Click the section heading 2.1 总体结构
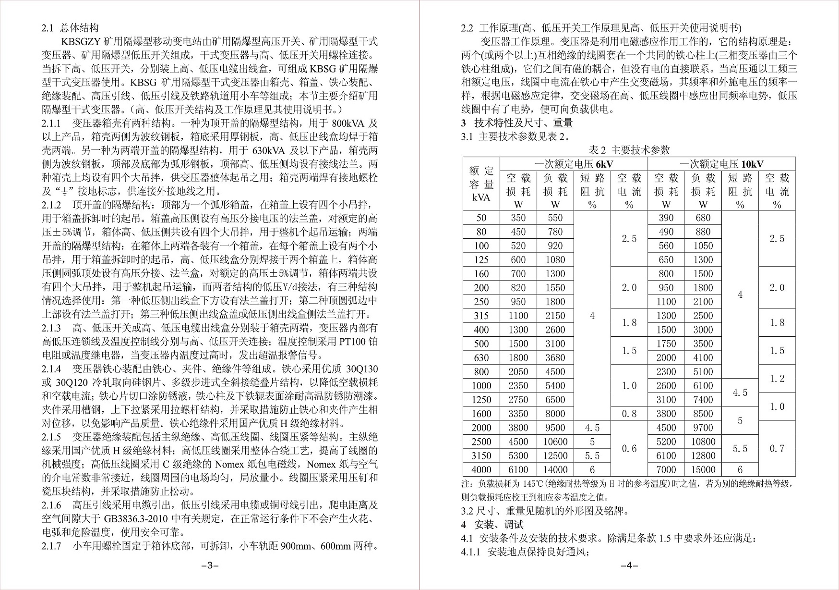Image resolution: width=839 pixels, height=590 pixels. pyautogui.click(x=70, y=28)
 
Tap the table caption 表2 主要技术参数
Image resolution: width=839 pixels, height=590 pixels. pyautogui.click(x=629, y=150)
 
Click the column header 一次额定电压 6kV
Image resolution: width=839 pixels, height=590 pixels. pyautogui.click(x=574, y=164)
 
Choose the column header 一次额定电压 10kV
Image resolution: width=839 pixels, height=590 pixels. pyautogui.click(x=721, y=164)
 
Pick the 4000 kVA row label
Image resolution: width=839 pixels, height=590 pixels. pyautogui.click(x=481, y=469)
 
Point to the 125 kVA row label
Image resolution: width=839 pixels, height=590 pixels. pyautogui.click(x=481, y=260)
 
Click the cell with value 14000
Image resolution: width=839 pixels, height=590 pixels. pyautogui.click(x=555, y=469)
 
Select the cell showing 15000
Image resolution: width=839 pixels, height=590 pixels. pyautogui.click(x=703, y=469)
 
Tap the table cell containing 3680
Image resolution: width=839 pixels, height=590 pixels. pyautogui.click(x=555, y=357)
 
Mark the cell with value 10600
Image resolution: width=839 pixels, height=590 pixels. pyautogui.click(x=555, y=442)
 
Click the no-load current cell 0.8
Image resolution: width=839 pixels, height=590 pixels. pyautogui.click(x=629, y=414)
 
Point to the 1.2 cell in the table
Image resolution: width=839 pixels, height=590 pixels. pyautogui.click(x=777, y=379)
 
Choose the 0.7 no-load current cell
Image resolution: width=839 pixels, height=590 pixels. pyautogui.click(x=777, y=448)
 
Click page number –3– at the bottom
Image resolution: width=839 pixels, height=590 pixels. pyautogui.click(x=210, y=565)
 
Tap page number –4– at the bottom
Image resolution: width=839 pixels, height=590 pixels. pyautogui.click(x=629, y=565)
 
